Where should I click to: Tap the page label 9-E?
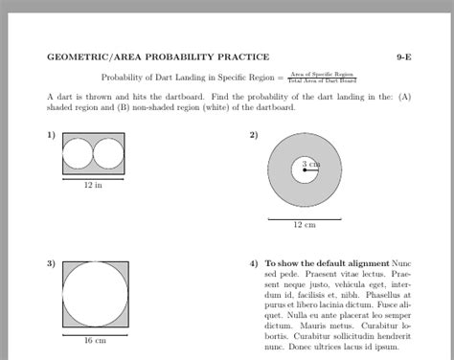(406, 57)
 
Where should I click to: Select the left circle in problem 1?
(79, 153)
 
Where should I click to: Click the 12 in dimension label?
(94, 186)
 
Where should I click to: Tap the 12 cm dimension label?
(304, 225)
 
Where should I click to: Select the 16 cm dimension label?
(94, 341)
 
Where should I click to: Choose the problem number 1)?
(51, 135)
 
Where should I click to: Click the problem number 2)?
(254, 135)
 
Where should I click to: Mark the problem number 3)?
(51, 262)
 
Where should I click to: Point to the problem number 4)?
(254, 262)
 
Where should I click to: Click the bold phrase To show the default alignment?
(327, 262)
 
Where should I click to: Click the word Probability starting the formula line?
(121, 77)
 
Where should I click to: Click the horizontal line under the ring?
(304, 218)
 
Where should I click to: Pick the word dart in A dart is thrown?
(66, 97)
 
